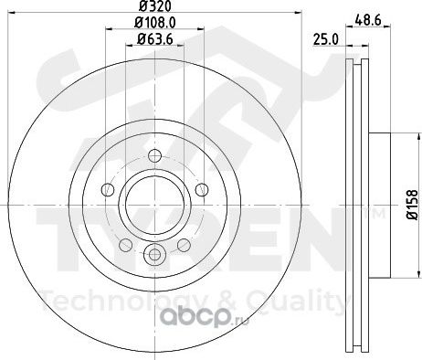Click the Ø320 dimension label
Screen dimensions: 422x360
154,5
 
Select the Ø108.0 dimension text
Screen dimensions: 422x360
154,22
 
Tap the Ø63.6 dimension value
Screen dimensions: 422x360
155,39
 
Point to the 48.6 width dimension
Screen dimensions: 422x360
368,21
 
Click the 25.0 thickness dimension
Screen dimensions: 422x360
326,40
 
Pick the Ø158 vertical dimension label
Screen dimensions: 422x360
413,205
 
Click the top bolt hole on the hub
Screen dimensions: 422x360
154,155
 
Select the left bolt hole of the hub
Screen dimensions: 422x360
107,190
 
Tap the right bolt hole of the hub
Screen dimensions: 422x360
202,190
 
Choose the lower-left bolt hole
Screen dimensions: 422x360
125,245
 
